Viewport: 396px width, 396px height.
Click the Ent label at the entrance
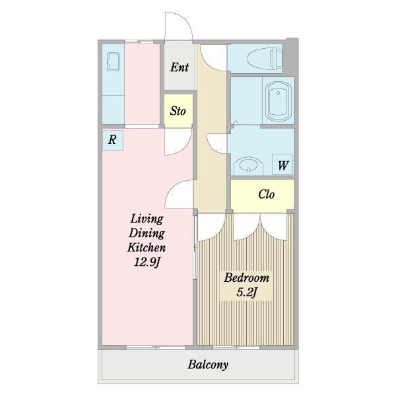click(x=180, y=67)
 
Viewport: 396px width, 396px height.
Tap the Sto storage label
click(x=178, y=111)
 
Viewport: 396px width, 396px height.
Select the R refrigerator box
click(x=113, y=140)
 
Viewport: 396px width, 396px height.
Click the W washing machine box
click(x=283, y=164)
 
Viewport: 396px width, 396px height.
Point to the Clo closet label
click(x=266, y=194)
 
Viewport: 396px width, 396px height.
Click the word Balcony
click(x=208, y=365)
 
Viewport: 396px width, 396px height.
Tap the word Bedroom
click(x=246, y=278)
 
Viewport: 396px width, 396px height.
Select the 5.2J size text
click(x=247, y=292)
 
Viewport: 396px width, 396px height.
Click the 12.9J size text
click(x=147, y=262)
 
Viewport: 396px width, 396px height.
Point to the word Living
click(x=147, y=218)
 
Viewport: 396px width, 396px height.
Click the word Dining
click(x=147, y=233)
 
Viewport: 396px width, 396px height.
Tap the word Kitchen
click(x=147, y=247)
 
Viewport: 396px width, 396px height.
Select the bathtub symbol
click(x=279, y=101)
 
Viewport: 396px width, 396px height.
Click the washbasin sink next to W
click(x=249, y=166)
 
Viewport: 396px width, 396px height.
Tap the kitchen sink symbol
click(x=113, y=61)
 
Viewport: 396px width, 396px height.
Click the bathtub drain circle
click(x=279, y=93)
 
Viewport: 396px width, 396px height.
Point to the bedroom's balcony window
click(x=236, y=348)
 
